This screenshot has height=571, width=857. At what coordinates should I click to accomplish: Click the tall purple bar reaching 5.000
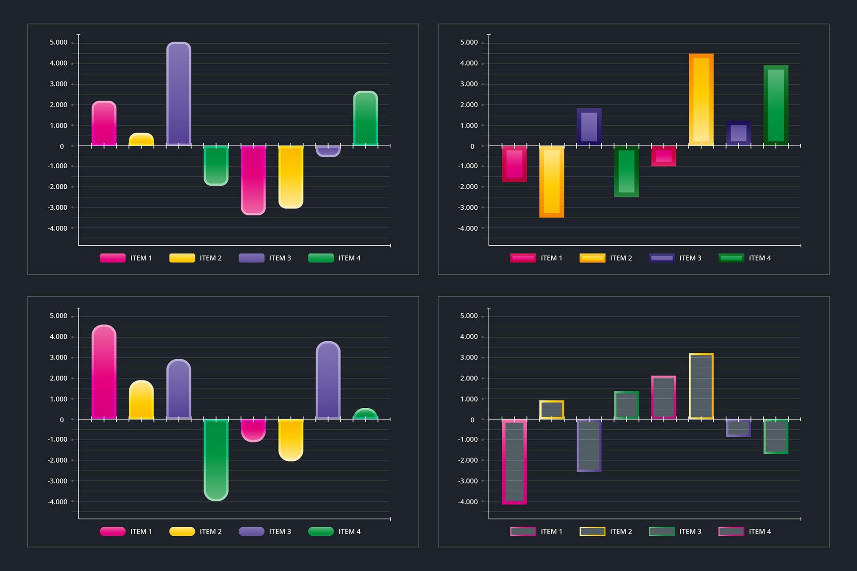(179, 94)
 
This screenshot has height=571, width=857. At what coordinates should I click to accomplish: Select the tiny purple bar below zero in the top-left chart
(328, 151)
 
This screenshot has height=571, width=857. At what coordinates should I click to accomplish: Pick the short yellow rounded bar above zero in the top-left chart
(141, 140)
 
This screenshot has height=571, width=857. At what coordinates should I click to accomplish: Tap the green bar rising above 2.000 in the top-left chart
(365, 119)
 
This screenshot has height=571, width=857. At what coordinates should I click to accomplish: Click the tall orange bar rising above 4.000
(701, 99)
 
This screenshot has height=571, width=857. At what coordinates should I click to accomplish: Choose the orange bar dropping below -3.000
(551, 182)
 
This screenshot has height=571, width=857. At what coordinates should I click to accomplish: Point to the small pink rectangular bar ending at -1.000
(663, 156)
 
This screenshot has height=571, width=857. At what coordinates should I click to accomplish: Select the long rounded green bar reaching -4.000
(216, 459)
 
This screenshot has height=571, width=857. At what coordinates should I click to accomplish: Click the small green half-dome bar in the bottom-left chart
(365, 414)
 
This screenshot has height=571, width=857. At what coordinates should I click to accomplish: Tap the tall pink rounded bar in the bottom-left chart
(104, 372)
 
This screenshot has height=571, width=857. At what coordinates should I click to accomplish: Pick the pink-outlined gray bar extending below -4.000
(514, 462)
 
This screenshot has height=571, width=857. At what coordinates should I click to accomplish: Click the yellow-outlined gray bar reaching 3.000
(701, 386)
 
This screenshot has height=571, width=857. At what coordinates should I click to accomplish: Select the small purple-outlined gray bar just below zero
(738, 428)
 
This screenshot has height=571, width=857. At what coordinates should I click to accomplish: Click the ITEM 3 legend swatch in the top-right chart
(661, 258)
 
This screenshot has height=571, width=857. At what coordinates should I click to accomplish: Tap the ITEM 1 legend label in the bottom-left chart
(141, 531)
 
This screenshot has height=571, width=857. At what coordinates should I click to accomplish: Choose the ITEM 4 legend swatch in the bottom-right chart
(731, 531)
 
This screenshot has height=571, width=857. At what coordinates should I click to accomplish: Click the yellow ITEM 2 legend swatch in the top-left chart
(182, 258)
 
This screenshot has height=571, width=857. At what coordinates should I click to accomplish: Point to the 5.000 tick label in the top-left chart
(58, 42)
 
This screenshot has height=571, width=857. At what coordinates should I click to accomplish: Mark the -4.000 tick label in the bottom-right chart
(468, 502)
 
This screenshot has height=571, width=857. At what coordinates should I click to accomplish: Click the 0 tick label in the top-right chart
(472, 146)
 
